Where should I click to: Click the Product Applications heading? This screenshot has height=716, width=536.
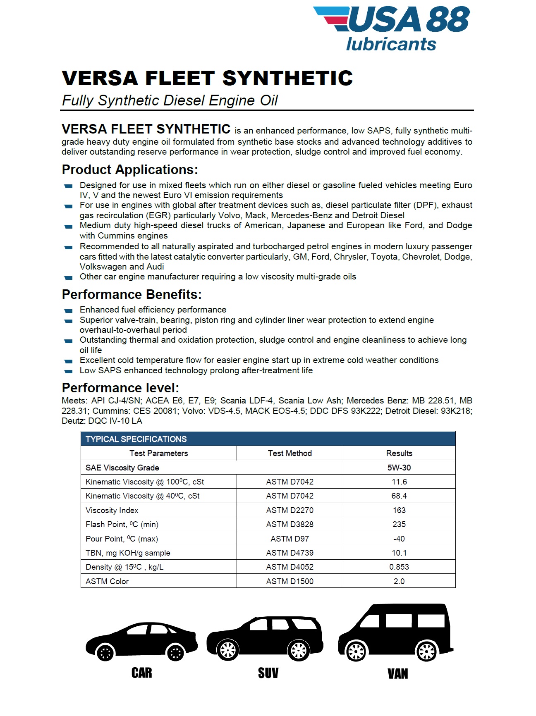tap(129, 170)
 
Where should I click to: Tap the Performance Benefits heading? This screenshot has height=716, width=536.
tap(132, 295)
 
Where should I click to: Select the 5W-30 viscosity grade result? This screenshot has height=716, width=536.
tap(399, 468)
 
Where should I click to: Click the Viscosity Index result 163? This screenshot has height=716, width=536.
tap(399, 510)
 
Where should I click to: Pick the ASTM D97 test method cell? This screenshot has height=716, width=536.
tap(290, 539)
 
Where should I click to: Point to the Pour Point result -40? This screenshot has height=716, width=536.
tap(399, 539)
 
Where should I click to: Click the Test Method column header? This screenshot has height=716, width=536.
tap(290, 453)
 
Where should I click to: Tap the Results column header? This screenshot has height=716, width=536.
tap(399, 453)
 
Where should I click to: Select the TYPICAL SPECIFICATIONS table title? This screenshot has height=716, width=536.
tap(136, 439)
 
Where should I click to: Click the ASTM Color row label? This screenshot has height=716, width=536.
tap(107, 581)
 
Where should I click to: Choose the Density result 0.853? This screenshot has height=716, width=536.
tap(399, 567)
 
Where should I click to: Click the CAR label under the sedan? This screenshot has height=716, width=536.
tap(141, 673)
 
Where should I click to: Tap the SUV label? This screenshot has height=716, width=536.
tap(268, 673)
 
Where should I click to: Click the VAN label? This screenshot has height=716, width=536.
tap(397, 674)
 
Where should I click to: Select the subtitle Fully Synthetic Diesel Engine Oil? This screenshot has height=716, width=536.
tap(170, 100)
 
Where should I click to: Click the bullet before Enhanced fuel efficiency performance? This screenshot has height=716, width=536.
tap(68, 310)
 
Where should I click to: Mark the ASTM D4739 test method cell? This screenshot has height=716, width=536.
tap(290, 553)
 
